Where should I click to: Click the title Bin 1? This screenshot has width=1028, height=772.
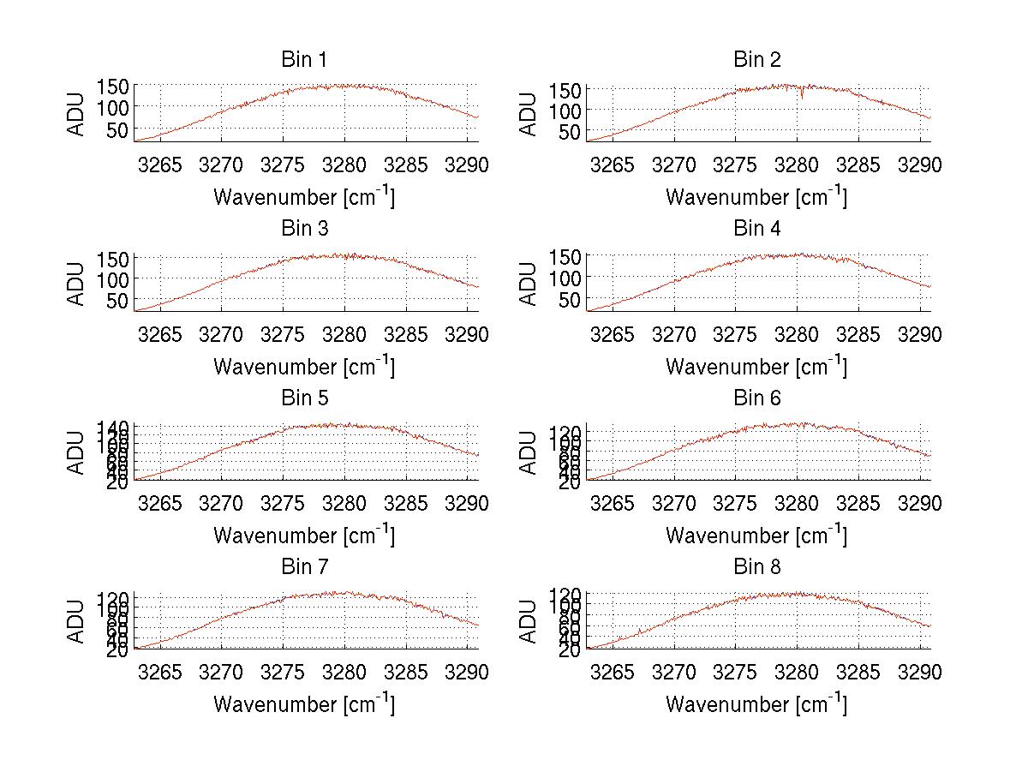pyautogui.click(x=304, y=60)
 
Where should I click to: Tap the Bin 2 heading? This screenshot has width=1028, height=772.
pyautogui.click(x=757, y=60)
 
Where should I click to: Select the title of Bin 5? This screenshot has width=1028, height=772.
pyautogui.click(x=304, y=398)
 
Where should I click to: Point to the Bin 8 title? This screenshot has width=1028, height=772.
pyautogui.click(x=757, y=567)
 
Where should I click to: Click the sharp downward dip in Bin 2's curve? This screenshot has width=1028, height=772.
pyautogui.click(x=802, y=96)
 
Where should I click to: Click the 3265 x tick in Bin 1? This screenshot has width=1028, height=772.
pyautogui.click(x=160, y=165)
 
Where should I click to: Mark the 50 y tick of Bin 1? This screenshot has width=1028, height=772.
pyautogui.click(x=117, y=129)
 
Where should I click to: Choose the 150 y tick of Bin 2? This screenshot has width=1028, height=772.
pyautogui.click(x=570, y=89)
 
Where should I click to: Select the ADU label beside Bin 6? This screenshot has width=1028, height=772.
pyautogui.click(x=529, y=452)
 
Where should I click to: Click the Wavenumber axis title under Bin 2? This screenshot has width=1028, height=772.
pyautogui.click(x=756, y=197)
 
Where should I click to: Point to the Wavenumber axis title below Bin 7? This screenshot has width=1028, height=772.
pyautogui.click(x=304, y=704)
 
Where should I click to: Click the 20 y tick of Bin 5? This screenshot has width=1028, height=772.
pyautogui.click(x=119, y=482)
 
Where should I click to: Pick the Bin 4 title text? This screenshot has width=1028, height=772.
pyautogui.click(x=757, y=229)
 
